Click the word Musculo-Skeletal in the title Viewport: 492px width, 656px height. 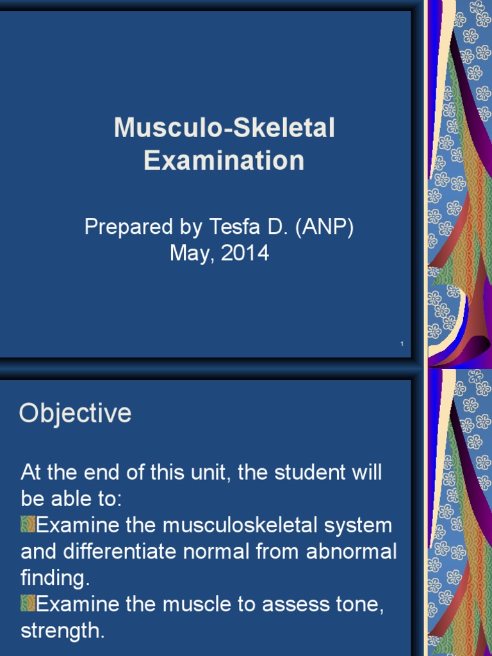(x=224, y=129)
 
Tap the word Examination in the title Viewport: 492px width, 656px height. (x=224, y=160)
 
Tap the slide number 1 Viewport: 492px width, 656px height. (x=402, y=345)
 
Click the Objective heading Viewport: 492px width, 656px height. (x=75, y=414)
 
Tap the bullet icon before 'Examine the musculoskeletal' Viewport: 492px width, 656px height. (x=28, y=525)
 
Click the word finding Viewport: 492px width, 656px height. (x=54, y=578)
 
